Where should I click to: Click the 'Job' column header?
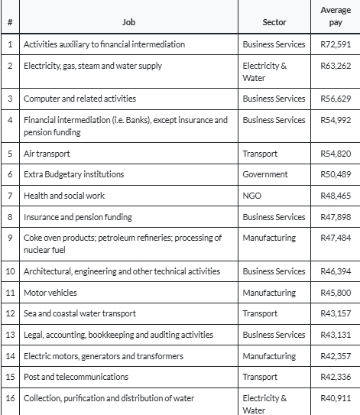[x=128, y=23]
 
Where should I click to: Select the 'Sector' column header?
[x=274, y=23]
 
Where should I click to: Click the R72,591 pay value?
[x=336, y=44]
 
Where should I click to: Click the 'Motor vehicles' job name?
[x=50, y=293]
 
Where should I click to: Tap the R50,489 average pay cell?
[x=336, y=174]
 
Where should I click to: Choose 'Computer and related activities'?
[x=79, y=99]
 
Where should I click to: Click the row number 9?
[x=10, y=238]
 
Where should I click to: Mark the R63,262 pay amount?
[x=336, y=66]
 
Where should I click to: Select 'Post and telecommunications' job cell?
[x=76, y=377]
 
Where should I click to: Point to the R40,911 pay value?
[x=336, y=398]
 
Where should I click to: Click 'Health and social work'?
[x=64, y=196]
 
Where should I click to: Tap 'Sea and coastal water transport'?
[x=80, y=314]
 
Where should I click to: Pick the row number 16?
[x=10, y=398]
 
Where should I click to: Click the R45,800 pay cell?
[x=336, y=293]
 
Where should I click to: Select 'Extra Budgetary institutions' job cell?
[x=73, y=174]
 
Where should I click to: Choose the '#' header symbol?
[x=10, y=23]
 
